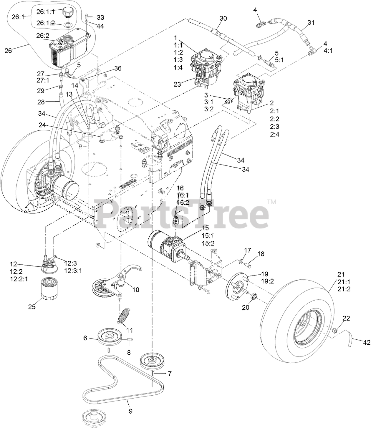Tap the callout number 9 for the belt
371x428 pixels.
click(130, 411)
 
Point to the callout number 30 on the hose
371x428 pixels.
click(223, 18)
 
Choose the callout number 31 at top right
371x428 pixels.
click(311, 22)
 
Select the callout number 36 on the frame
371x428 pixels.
click(117, 68)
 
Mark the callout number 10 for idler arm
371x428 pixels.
click(135, 290)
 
